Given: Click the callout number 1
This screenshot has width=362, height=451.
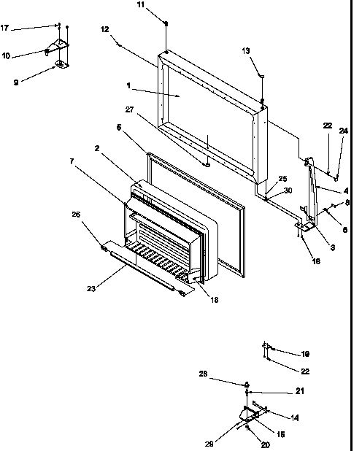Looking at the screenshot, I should pyautogui.click(x=128, y=85).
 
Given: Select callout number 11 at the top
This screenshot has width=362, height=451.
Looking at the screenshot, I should pyautogui.click(x=161, y=5).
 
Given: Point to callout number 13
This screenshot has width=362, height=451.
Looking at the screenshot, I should pyautogui.click(x=245, y=50).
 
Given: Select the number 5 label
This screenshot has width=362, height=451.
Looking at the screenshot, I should pyautogui.click(x=119, y=126).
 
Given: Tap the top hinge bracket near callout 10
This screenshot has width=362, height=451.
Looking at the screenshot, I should pyautogui.click(x=61, y=45).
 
